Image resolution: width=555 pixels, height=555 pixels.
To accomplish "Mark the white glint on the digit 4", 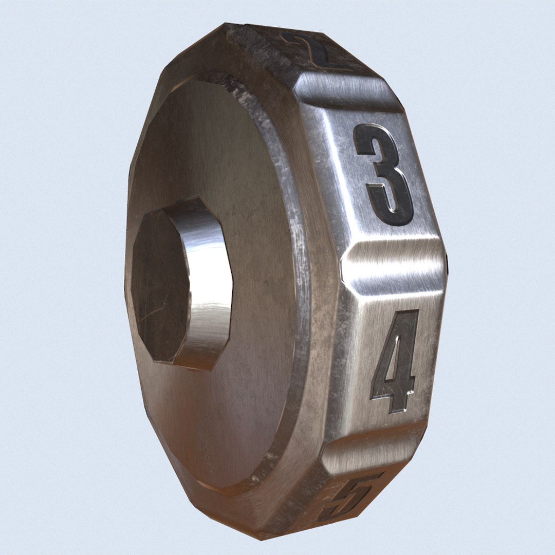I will [x=410, y=393].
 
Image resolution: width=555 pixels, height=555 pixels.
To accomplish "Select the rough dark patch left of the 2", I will [x=257, y=41].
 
